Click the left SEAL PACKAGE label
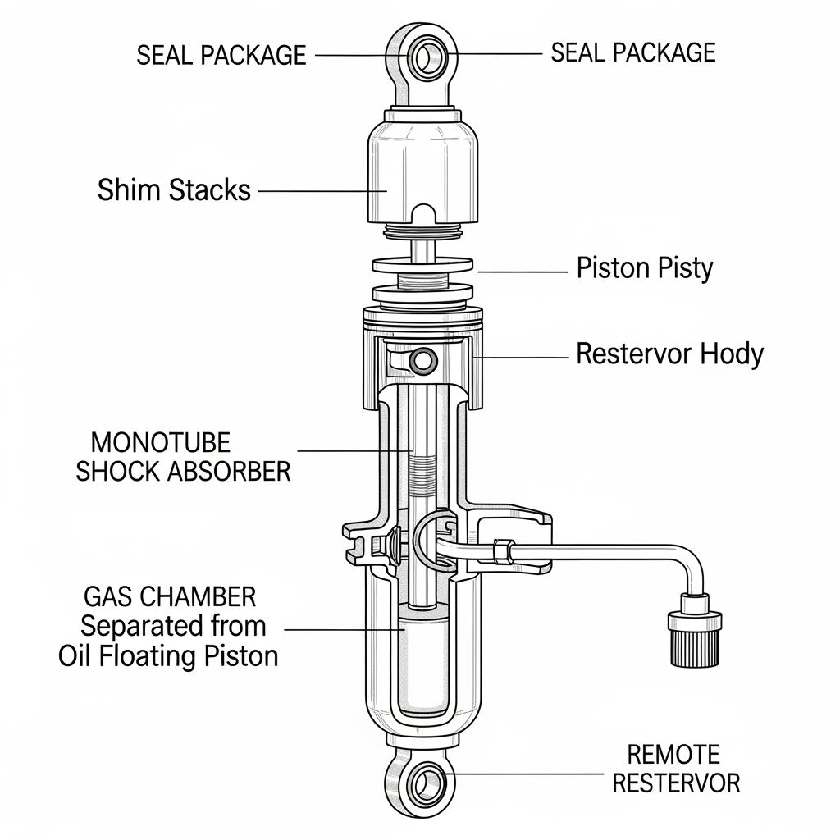221,55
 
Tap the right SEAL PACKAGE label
632,52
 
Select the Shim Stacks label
174,190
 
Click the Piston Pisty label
645,268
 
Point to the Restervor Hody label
669,354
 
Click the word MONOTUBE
160,443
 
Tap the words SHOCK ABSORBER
183,472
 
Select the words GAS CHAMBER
170,596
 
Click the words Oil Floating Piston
168,656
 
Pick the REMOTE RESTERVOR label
676,769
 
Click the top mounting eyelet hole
427,57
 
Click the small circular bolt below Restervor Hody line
424,359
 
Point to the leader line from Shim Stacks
322,191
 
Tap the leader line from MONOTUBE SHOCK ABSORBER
353,450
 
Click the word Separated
131,626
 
